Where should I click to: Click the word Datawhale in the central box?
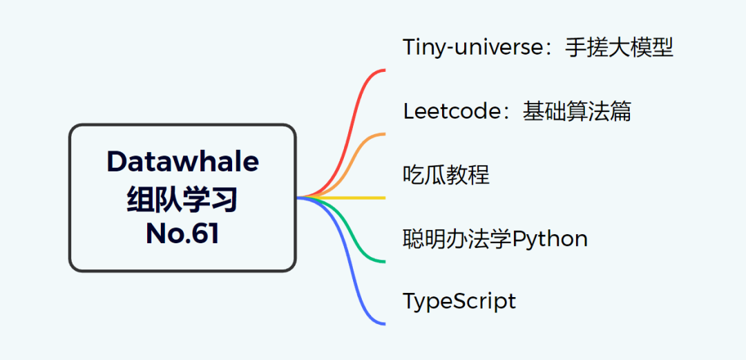(182, 162)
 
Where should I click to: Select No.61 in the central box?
(182, 234)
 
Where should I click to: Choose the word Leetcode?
(455, 111)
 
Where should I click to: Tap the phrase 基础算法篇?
(577, 111)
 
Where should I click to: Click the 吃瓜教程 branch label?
(446, 176)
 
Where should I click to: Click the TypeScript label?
(459, 302)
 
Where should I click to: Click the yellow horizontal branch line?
(341, 198)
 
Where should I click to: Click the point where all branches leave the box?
(298, 198)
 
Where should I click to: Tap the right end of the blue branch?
(385, 324)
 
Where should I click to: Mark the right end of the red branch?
(385, 70)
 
